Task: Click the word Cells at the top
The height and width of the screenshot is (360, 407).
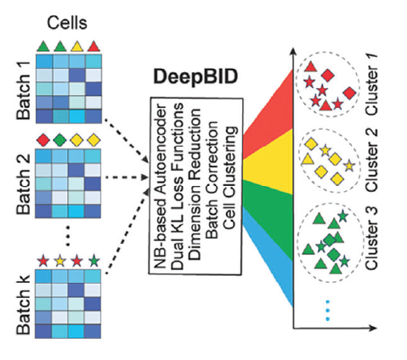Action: tap(67, 23)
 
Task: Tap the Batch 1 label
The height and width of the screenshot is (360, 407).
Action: tap(24, 90)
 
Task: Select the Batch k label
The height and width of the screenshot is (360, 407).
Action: tap(24, 305)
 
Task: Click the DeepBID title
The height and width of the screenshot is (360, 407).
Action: tap(195, 77)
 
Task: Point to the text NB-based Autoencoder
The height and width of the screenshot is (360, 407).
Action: tap(160, 186)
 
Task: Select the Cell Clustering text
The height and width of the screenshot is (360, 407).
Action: tap(229, 177)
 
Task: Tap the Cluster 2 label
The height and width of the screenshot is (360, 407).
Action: tap(371, 160)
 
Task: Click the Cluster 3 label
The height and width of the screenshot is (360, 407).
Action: tap(371, 238)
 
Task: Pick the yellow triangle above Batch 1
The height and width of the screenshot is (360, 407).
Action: tap(77, 47)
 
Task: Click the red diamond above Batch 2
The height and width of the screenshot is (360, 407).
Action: tap(43, 140)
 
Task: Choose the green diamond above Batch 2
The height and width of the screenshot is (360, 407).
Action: tap(60, 140)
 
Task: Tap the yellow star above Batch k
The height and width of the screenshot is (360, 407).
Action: tap(60, 261)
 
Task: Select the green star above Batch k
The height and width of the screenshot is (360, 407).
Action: tap(93, 261)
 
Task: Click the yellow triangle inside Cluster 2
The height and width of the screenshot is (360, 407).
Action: tap(307, 160)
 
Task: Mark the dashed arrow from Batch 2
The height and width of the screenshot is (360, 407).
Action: tap(127, 177)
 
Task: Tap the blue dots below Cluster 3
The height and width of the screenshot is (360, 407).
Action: tap(328, 310)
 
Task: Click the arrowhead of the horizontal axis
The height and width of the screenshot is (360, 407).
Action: tap(373, 328)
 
